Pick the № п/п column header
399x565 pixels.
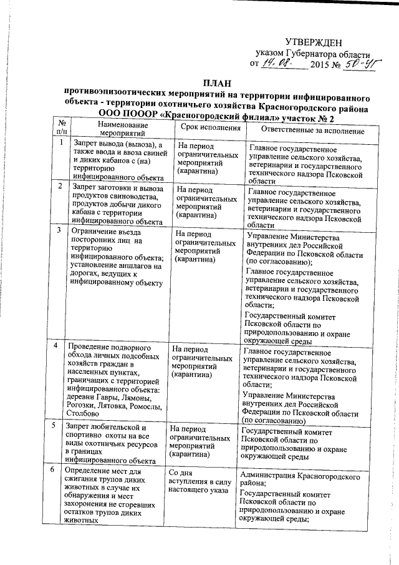[x=61, y=127]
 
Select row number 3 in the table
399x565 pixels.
[x=59, y=230]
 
